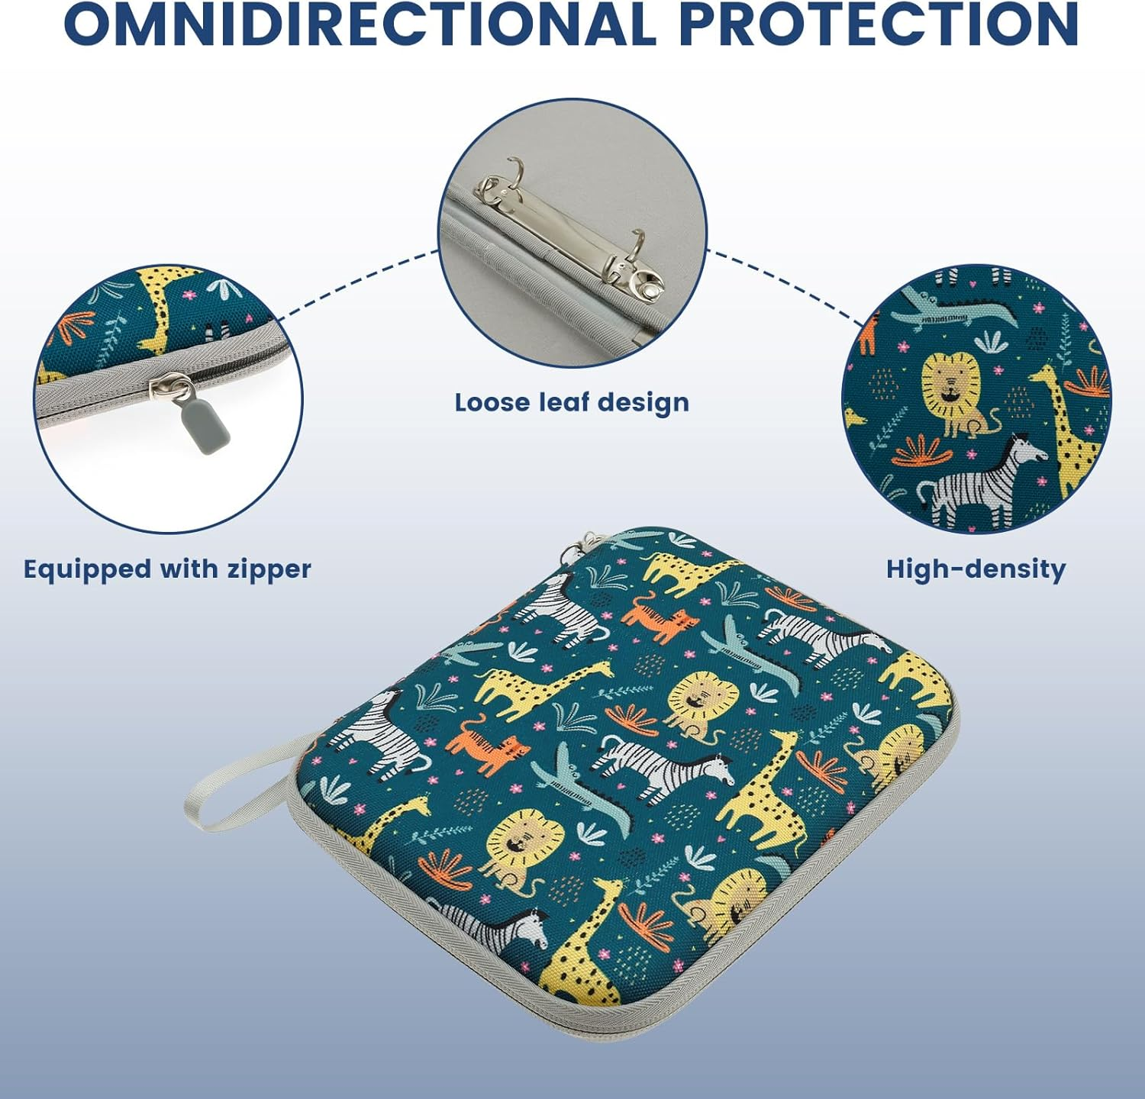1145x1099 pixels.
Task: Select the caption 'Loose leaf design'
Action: [572, 402]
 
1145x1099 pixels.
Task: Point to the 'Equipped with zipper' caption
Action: [167, 569]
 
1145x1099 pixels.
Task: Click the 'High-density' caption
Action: [976, 569]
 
